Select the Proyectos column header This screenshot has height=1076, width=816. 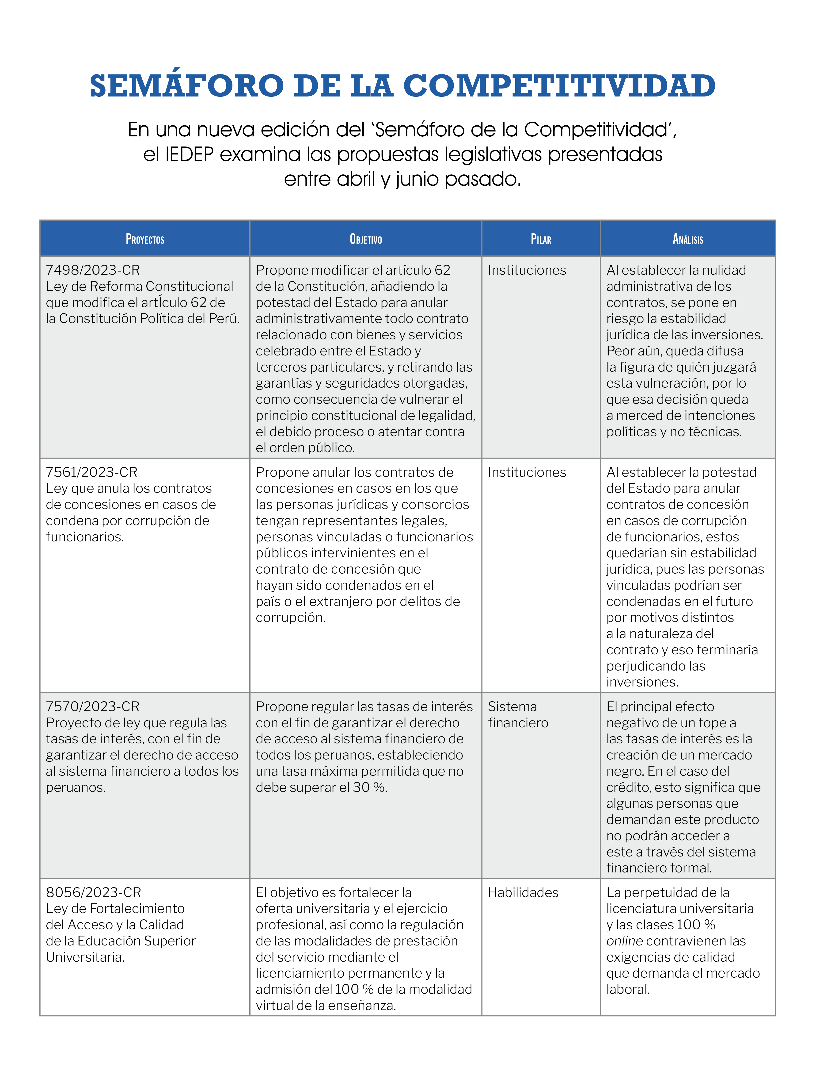point(145,239)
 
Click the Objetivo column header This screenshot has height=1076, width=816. point(365,239)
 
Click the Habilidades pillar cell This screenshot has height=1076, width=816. point(523,892)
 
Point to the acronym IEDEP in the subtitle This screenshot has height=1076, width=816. point(189,154)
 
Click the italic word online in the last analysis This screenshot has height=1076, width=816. point(625,941)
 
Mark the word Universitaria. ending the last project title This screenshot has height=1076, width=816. point(86,957)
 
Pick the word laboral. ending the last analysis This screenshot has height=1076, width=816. point(628,989)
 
